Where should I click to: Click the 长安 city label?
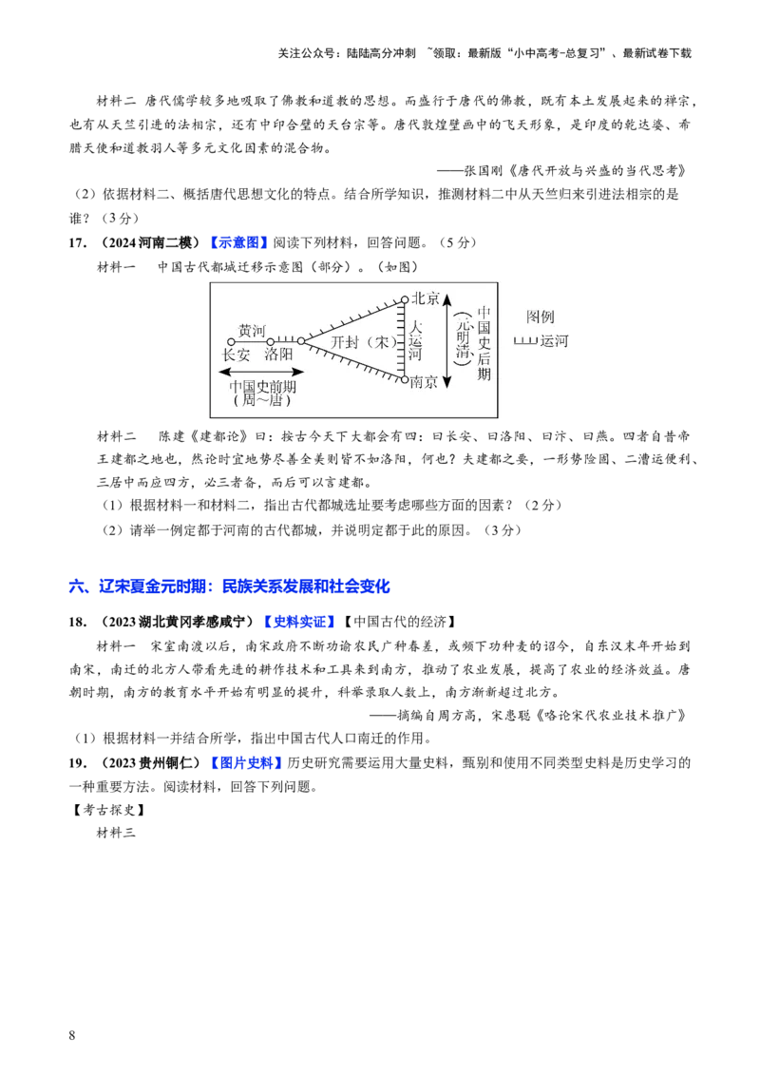[237, 355]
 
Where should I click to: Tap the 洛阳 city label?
[279, 355]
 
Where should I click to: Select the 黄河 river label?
[252, 330]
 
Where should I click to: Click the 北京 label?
[427, 298]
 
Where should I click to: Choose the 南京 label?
[425, 382]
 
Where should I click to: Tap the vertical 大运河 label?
[415, 340]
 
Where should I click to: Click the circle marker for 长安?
[231, 341]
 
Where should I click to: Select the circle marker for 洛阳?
[271, 341]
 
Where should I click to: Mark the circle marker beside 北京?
[405, 299]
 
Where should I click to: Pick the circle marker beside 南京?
[405, 379]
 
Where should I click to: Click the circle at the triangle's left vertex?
[301, 340]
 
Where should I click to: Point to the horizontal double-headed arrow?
[261, 372]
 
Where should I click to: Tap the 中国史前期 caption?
[261, 388]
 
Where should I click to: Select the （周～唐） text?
[261, 401]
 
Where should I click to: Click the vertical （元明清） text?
[465, 339]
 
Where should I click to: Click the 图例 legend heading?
[540, 317]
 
